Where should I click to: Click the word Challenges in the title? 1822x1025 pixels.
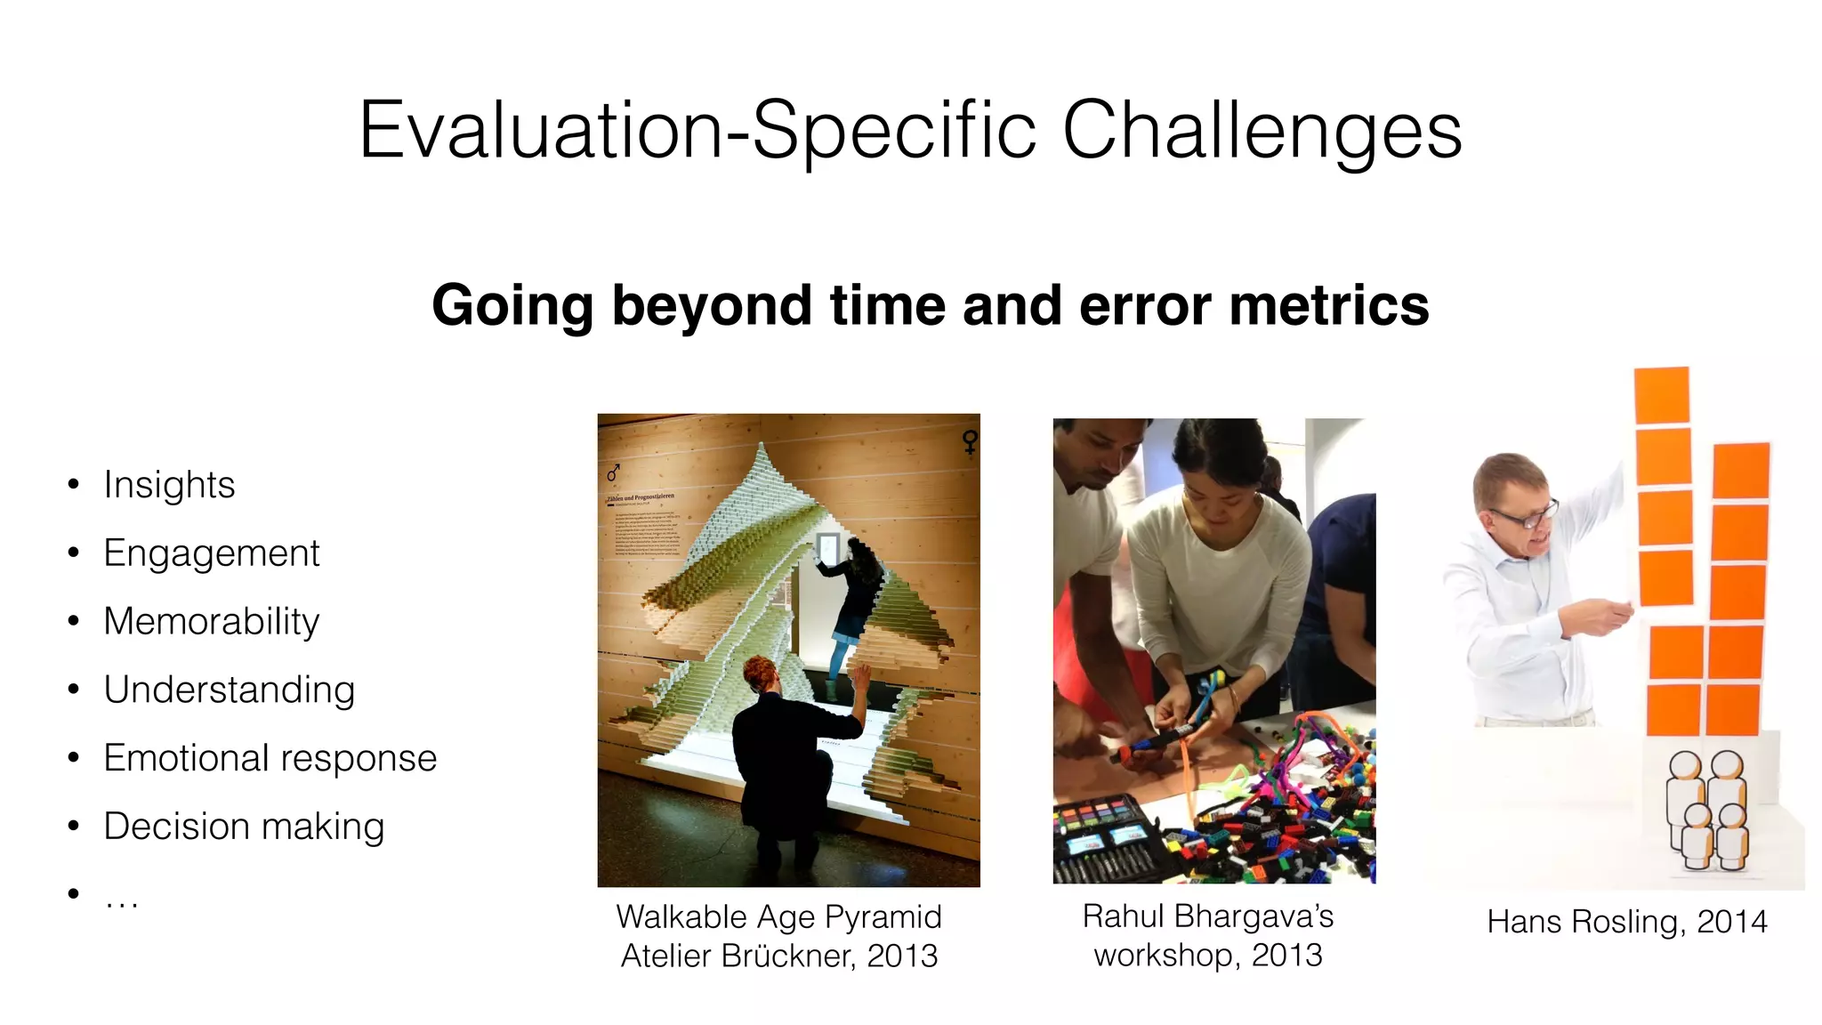click(x=1261, y=132)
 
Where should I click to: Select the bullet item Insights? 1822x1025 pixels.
click(x=169, y=485)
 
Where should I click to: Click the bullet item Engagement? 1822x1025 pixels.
click(x=211, y=553)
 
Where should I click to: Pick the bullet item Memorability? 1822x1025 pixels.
click(x=211, y=621)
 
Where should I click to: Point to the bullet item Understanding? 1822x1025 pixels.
click(x=229, y=690)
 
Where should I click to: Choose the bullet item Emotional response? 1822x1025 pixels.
click(x=270, y=758)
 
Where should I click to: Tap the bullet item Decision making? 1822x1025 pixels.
click(x=244, y=827)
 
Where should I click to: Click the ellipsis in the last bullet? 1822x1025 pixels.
click(x=121, y=900)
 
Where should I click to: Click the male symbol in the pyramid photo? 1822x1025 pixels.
click(x=613, y=472)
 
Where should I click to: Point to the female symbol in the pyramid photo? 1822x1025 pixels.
click(x=970, y=441)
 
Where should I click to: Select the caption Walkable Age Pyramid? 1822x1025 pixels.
click(x=778, y=916)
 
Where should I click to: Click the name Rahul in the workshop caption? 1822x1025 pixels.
click(x=1123, y=916)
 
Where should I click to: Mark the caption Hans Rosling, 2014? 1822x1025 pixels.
click(x=1626, y=921)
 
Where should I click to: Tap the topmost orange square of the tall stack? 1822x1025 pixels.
click(x=1661, y=395)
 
